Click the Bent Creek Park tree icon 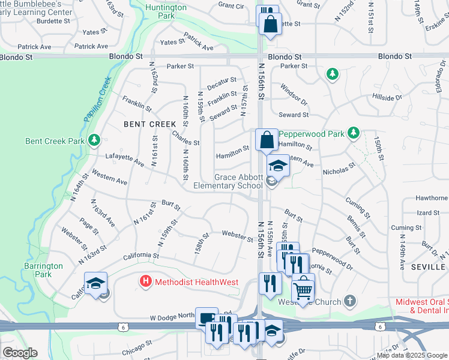click(94, 140)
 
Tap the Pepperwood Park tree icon click(354, 132)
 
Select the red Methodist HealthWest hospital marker click(145, 281)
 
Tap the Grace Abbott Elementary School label click(228, 182)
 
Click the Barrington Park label click(43, 270)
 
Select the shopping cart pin click(303, 290)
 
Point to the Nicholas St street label click(339, 171)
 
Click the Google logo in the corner click(20, 353)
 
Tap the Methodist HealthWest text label click(196, 282)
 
